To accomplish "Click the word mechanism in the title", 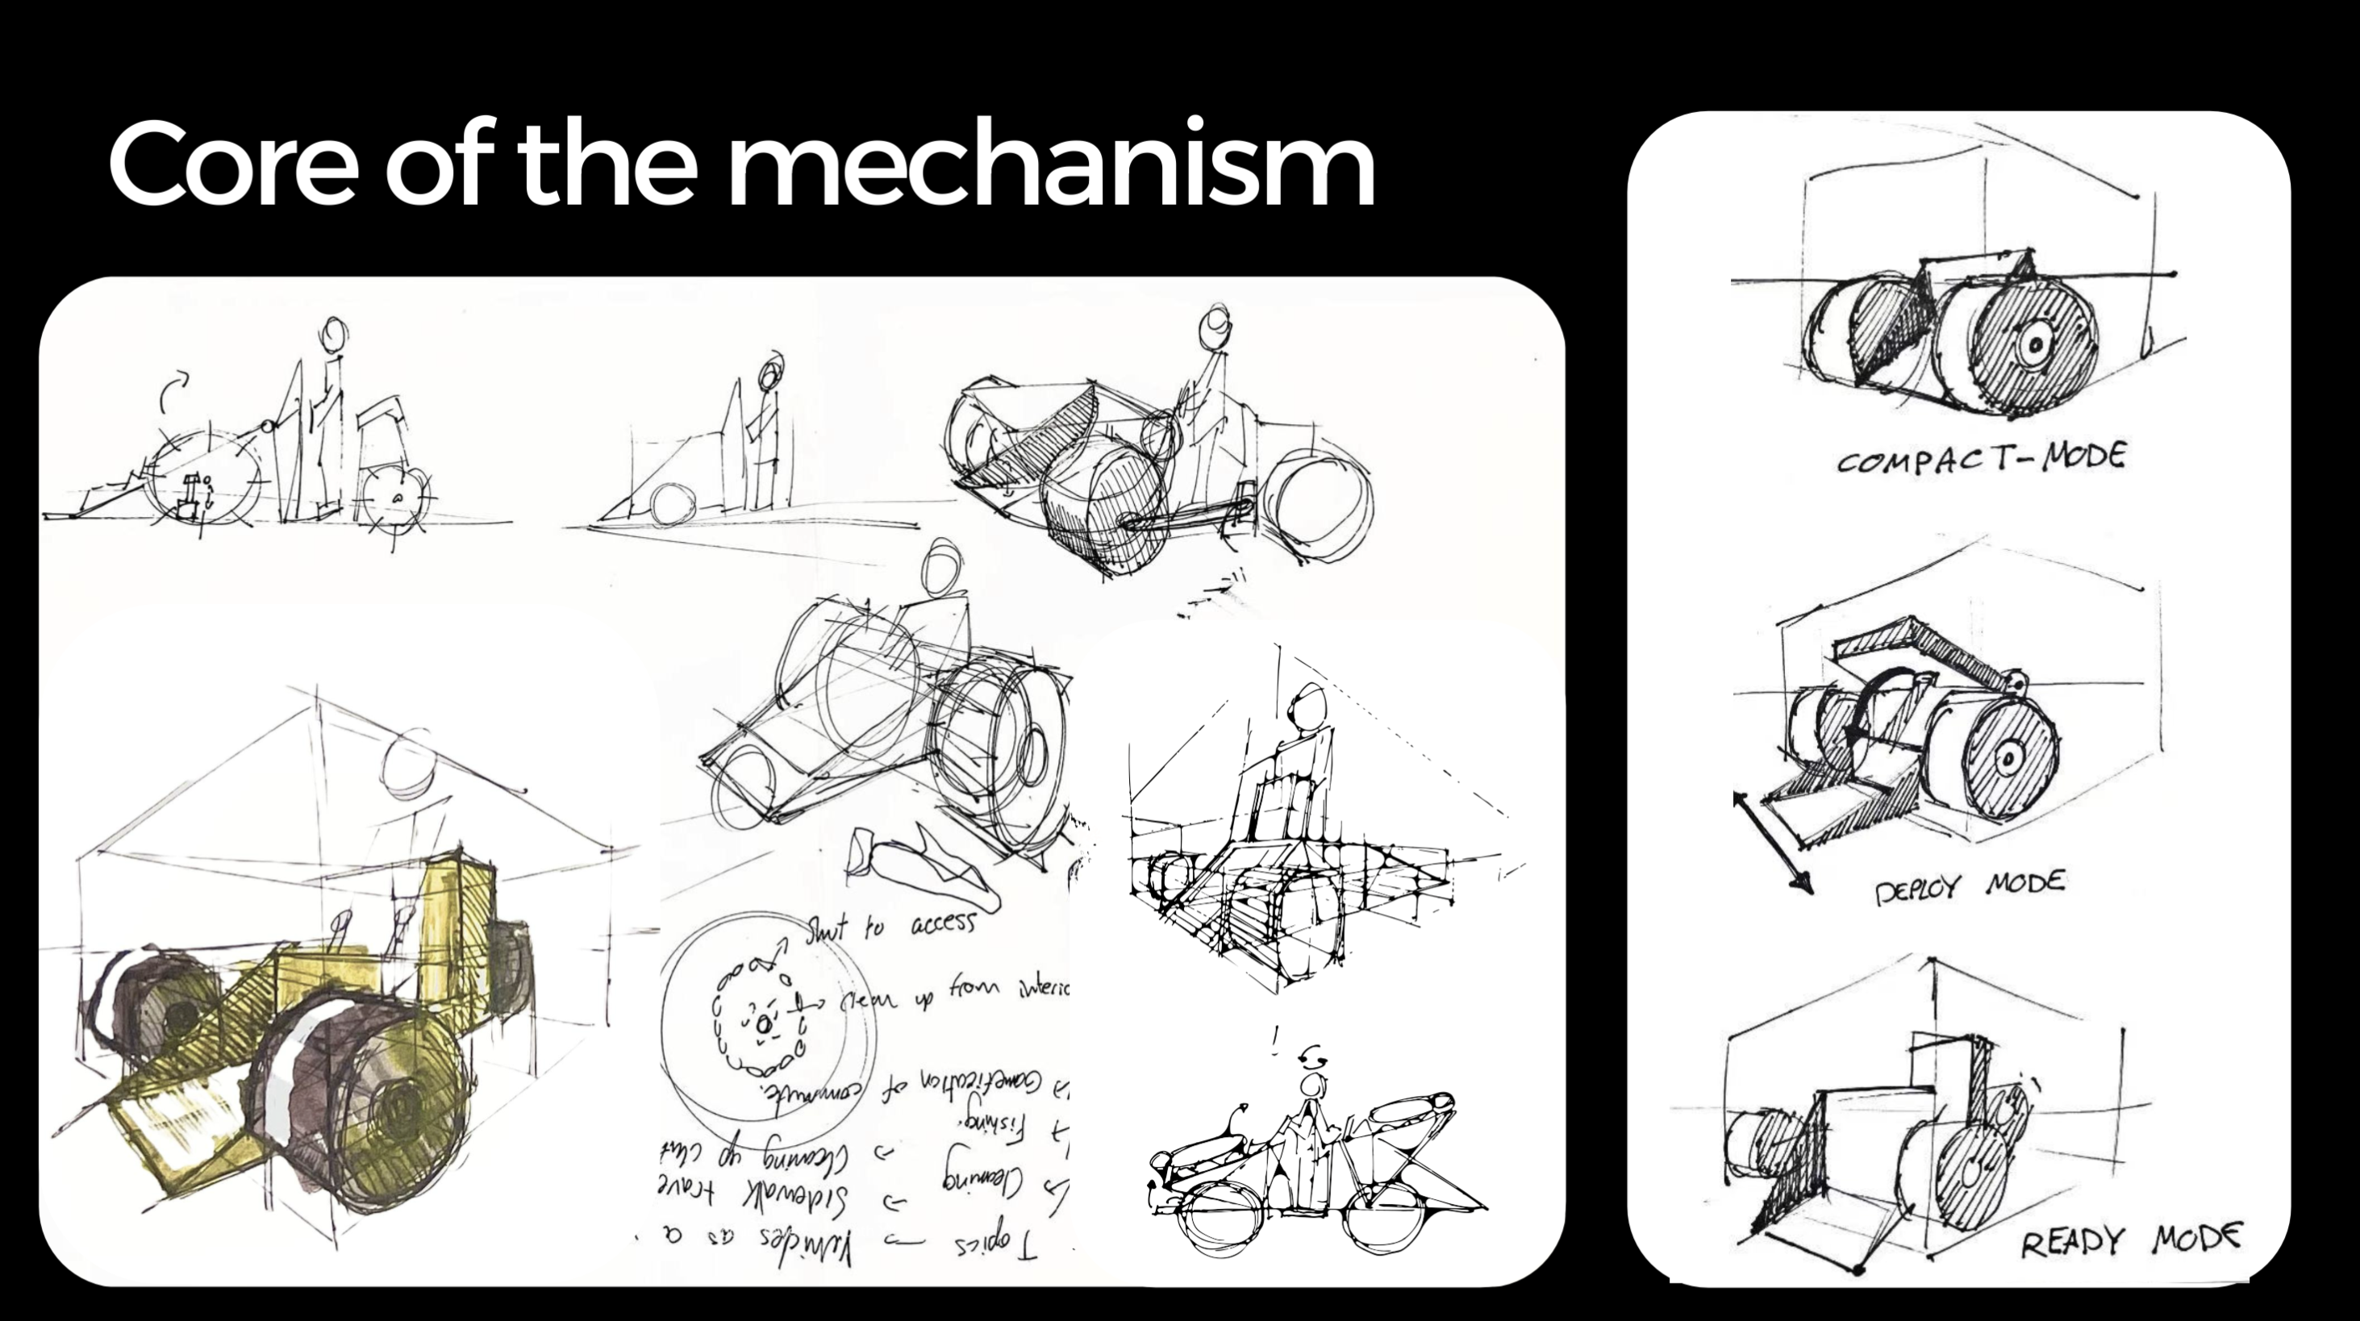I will coord(1050,165).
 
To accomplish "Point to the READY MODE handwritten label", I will coord(2131,1240).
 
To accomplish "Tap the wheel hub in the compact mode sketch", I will coord(2035,345).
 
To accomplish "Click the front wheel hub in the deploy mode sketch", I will coord(2007,757).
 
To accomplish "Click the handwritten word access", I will coord(943,923).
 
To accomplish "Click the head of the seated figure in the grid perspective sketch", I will coord(1308,707).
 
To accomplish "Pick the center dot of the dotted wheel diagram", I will coord(763,1024).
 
